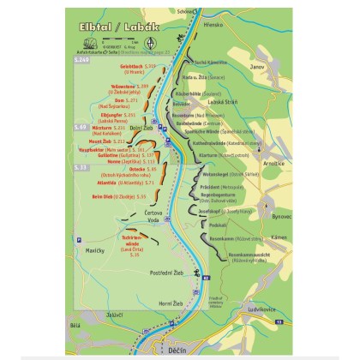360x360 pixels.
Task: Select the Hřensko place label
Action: pyautogui.click(x=213, y=24)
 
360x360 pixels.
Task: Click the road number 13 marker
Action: pyautogui.click(x=279, y=320)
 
